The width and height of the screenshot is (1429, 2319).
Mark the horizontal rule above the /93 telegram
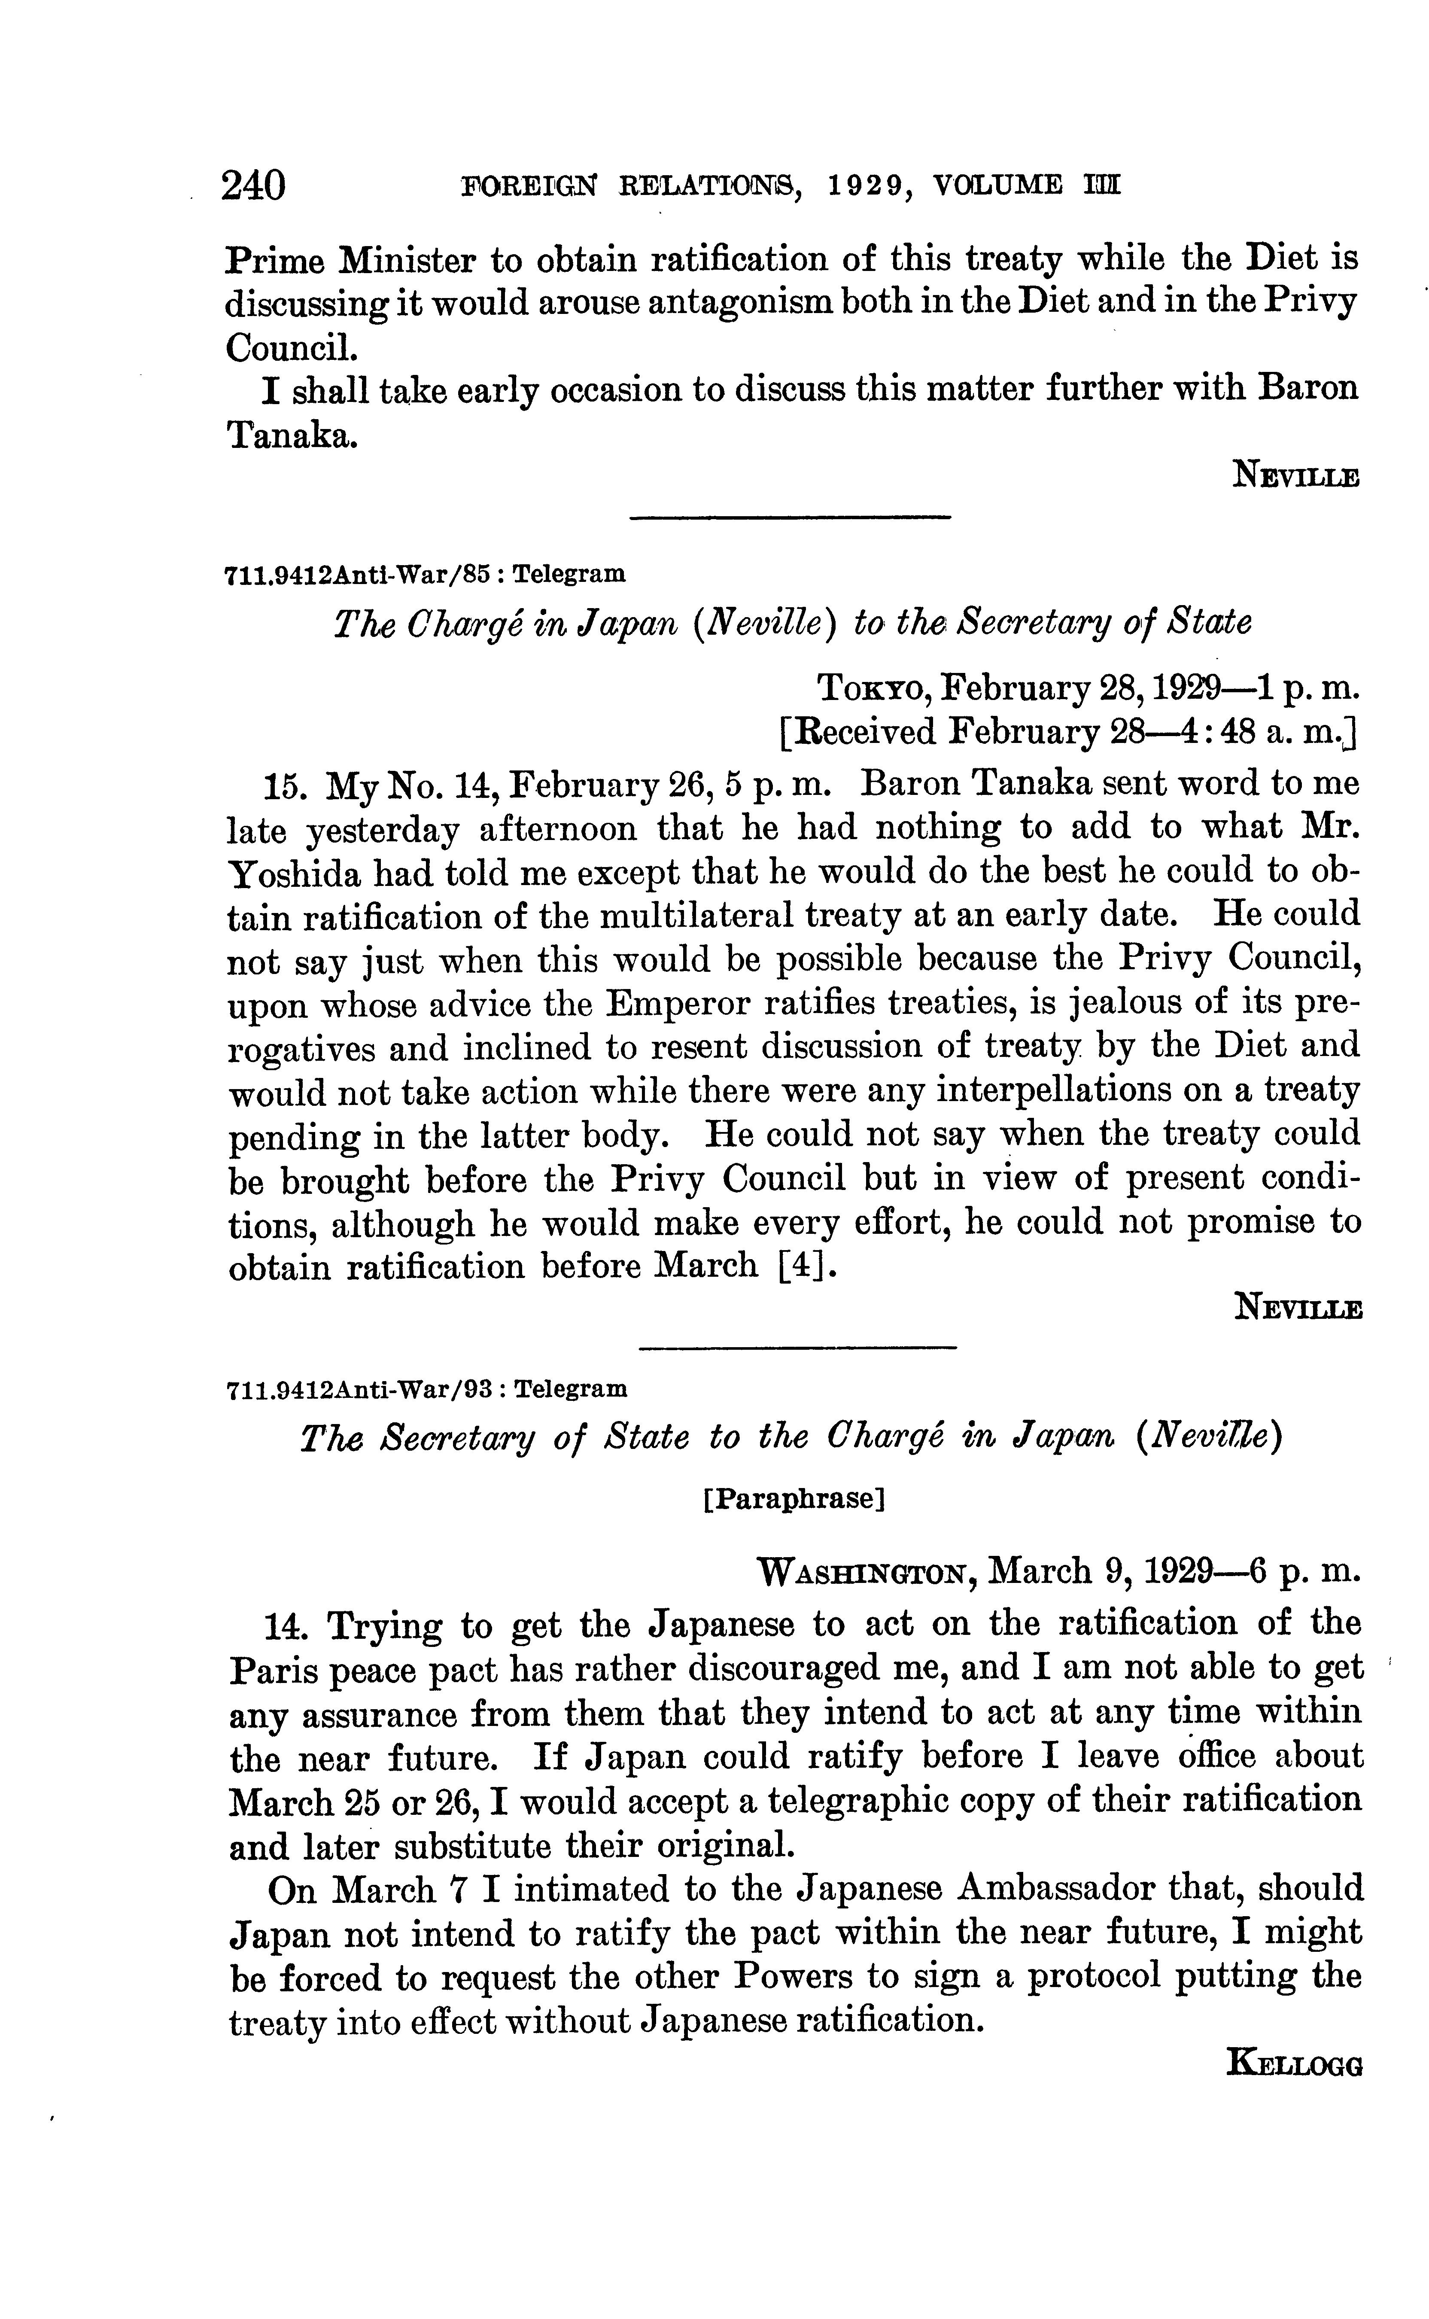(799, 1347)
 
